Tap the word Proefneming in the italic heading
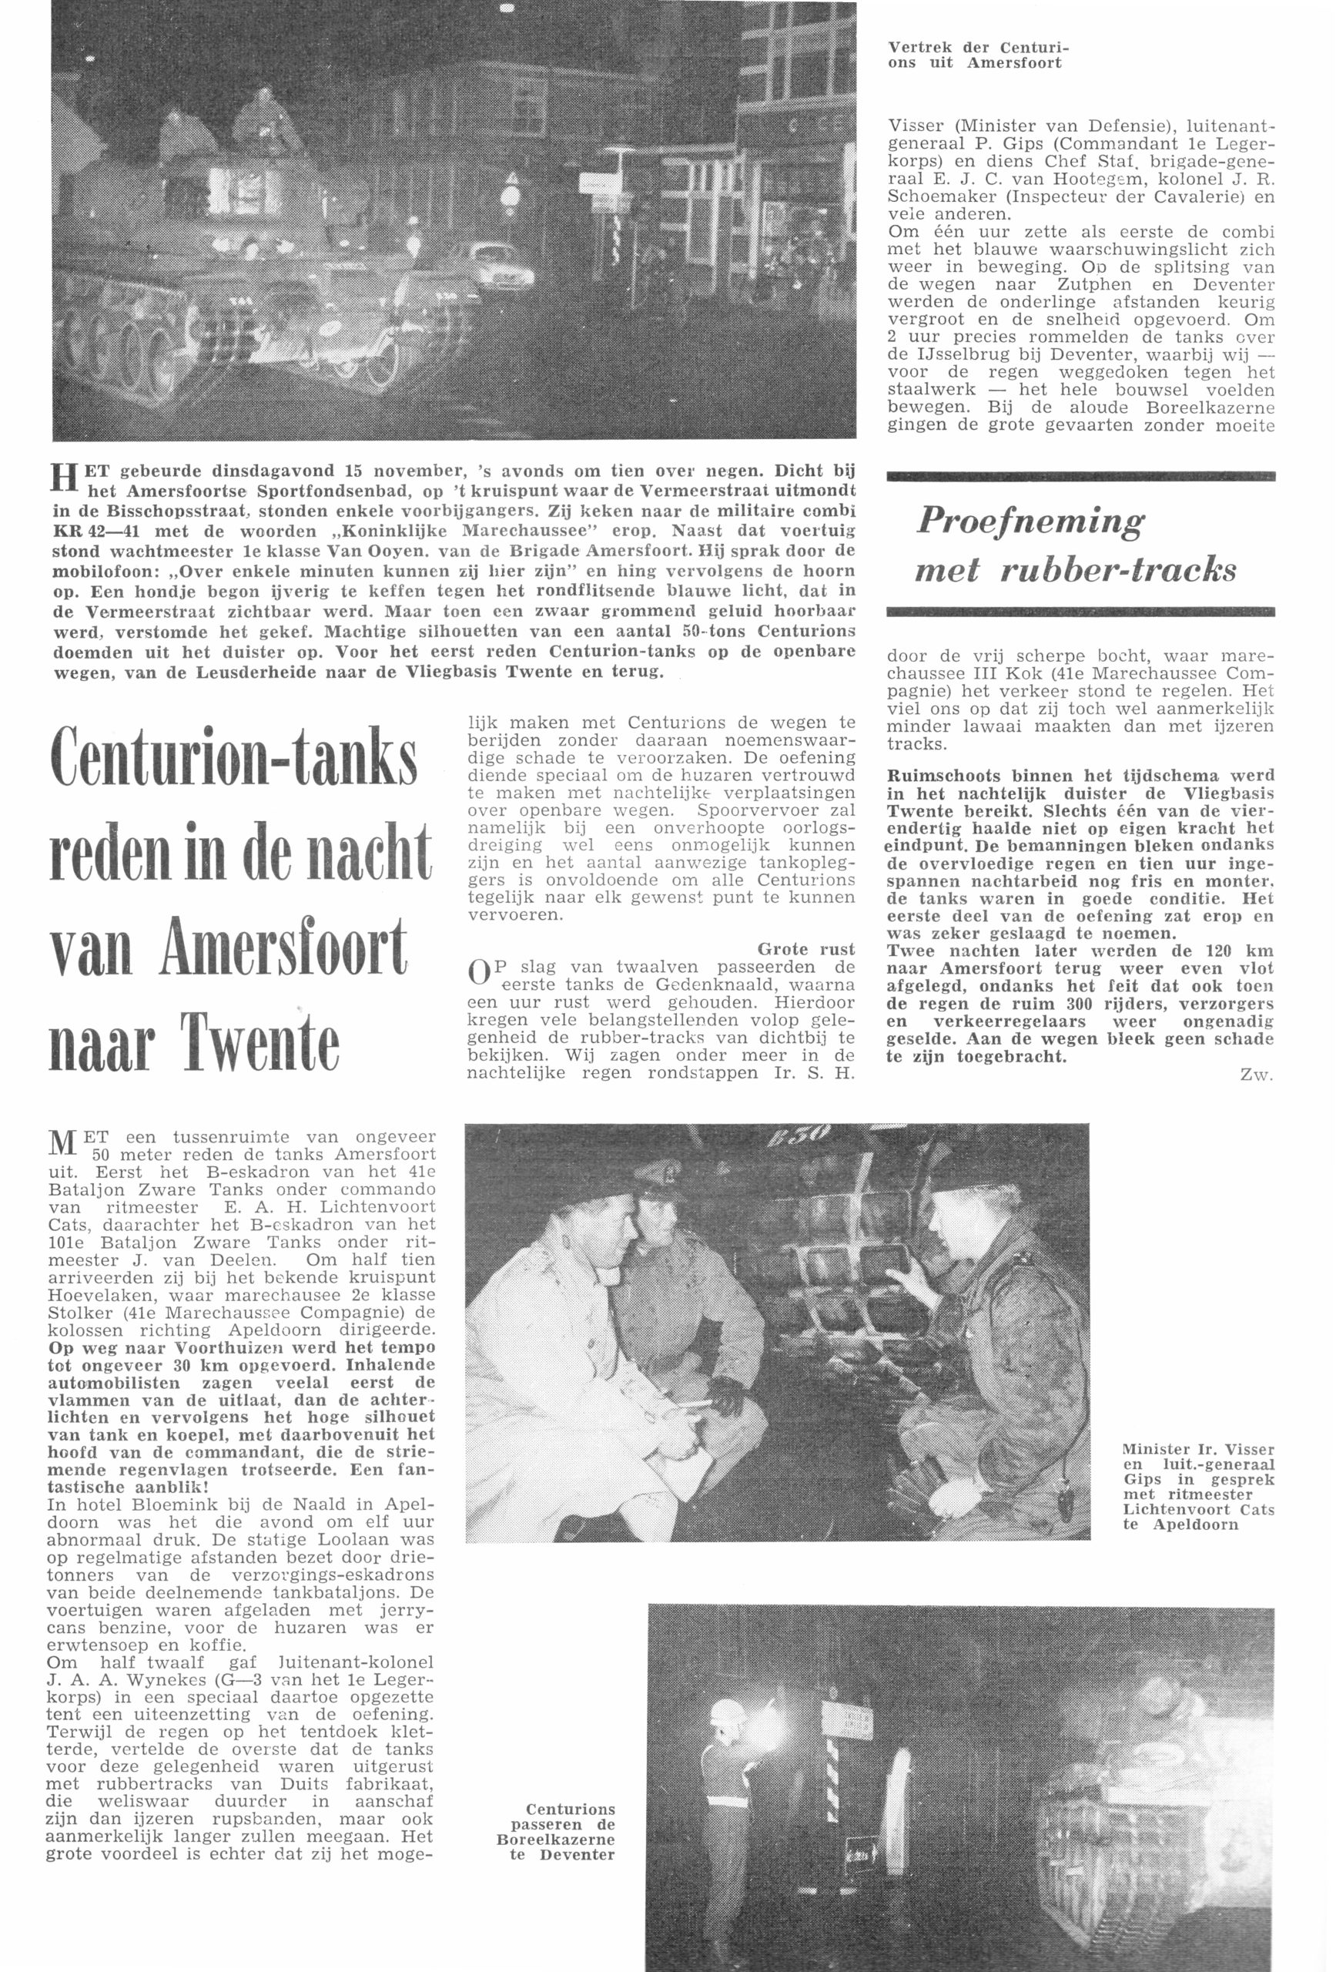[1030, 520]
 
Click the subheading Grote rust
[806, 949]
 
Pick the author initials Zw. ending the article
[1257, 1075]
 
